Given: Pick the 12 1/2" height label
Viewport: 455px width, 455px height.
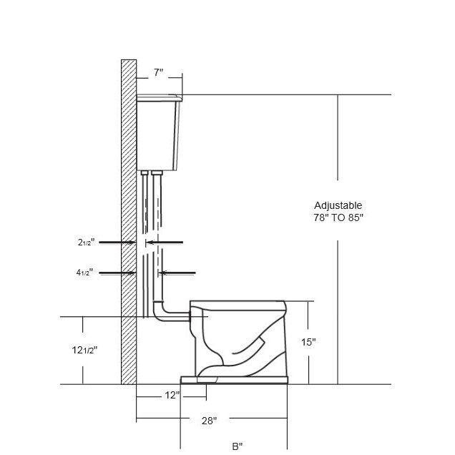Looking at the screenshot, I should click(x=84, y=350).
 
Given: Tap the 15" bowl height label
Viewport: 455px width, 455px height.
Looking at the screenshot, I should click(x=308, y=342).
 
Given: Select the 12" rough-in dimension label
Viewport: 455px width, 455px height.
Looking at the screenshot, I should click(x=172, y=395).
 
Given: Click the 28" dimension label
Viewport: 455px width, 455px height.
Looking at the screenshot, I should click(x=209, y=421).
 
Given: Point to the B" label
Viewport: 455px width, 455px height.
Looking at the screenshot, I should click(x=237, y=446).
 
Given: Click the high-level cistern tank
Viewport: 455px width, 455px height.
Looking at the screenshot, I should click(x=158, y=136).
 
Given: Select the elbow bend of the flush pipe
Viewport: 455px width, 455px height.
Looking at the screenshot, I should click(x=160, y=313).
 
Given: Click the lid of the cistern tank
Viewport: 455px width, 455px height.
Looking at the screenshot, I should click(x=158, y=97).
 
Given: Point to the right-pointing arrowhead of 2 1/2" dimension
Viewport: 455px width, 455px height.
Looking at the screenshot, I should click(x=133, y=243).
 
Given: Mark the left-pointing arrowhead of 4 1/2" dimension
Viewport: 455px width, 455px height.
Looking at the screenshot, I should click(x=163, y=272).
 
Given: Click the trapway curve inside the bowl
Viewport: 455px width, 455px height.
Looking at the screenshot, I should click(x=236, y=358).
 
